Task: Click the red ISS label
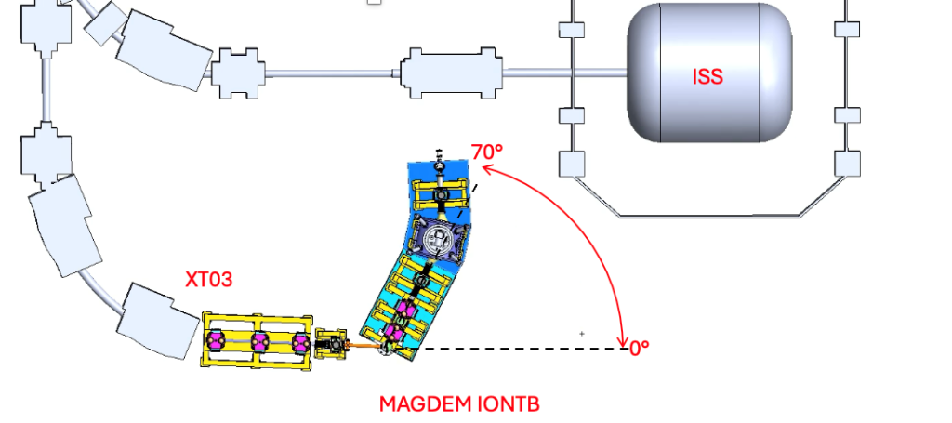point(707,76)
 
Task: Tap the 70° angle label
point(487,152)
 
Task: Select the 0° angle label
point(640,349)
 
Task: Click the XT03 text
point(209,279)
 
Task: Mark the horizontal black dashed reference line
point(523,349)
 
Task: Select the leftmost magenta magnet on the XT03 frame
point(215,340)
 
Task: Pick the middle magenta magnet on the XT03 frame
point(259,342)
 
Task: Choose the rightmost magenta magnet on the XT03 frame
point(300,343)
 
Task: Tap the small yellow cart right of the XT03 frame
point(331,345)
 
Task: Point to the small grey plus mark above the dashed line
point(582,333)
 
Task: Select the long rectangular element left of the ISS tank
point(451,73)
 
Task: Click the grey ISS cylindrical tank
point(709,73)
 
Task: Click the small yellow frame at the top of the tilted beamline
point(442,194)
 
